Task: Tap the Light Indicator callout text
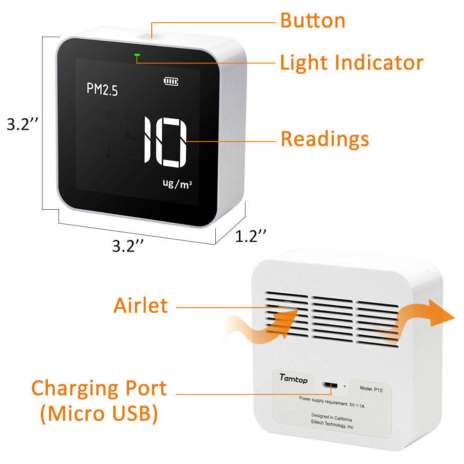tap(352, 63)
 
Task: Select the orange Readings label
tap(325, 139)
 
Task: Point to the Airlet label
tap(141, 305)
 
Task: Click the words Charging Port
tap(99, 388)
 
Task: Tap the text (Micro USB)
tap(99, 413)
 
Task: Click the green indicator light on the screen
tap(137, 55)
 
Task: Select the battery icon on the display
tap(171, 81)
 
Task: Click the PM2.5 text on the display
tap(102, 90)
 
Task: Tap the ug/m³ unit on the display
tap(177, 183)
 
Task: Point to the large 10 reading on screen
tap(166, 142)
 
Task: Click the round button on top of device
tap(151, 37)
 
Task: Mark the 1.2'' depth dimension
tap(251, 236)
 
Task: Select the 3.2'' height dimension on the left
tap(22, 124)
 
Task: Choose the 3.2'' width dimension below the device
tap(128, 246)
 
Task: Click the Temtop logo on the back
tap(294, 379)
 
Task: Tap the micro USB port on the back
tap(329, 385)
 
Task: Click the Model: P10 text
tap(371, 389)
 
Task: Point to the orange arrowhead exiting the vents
tap(440, 313)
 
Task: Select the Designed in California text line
tap(332, 417)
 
